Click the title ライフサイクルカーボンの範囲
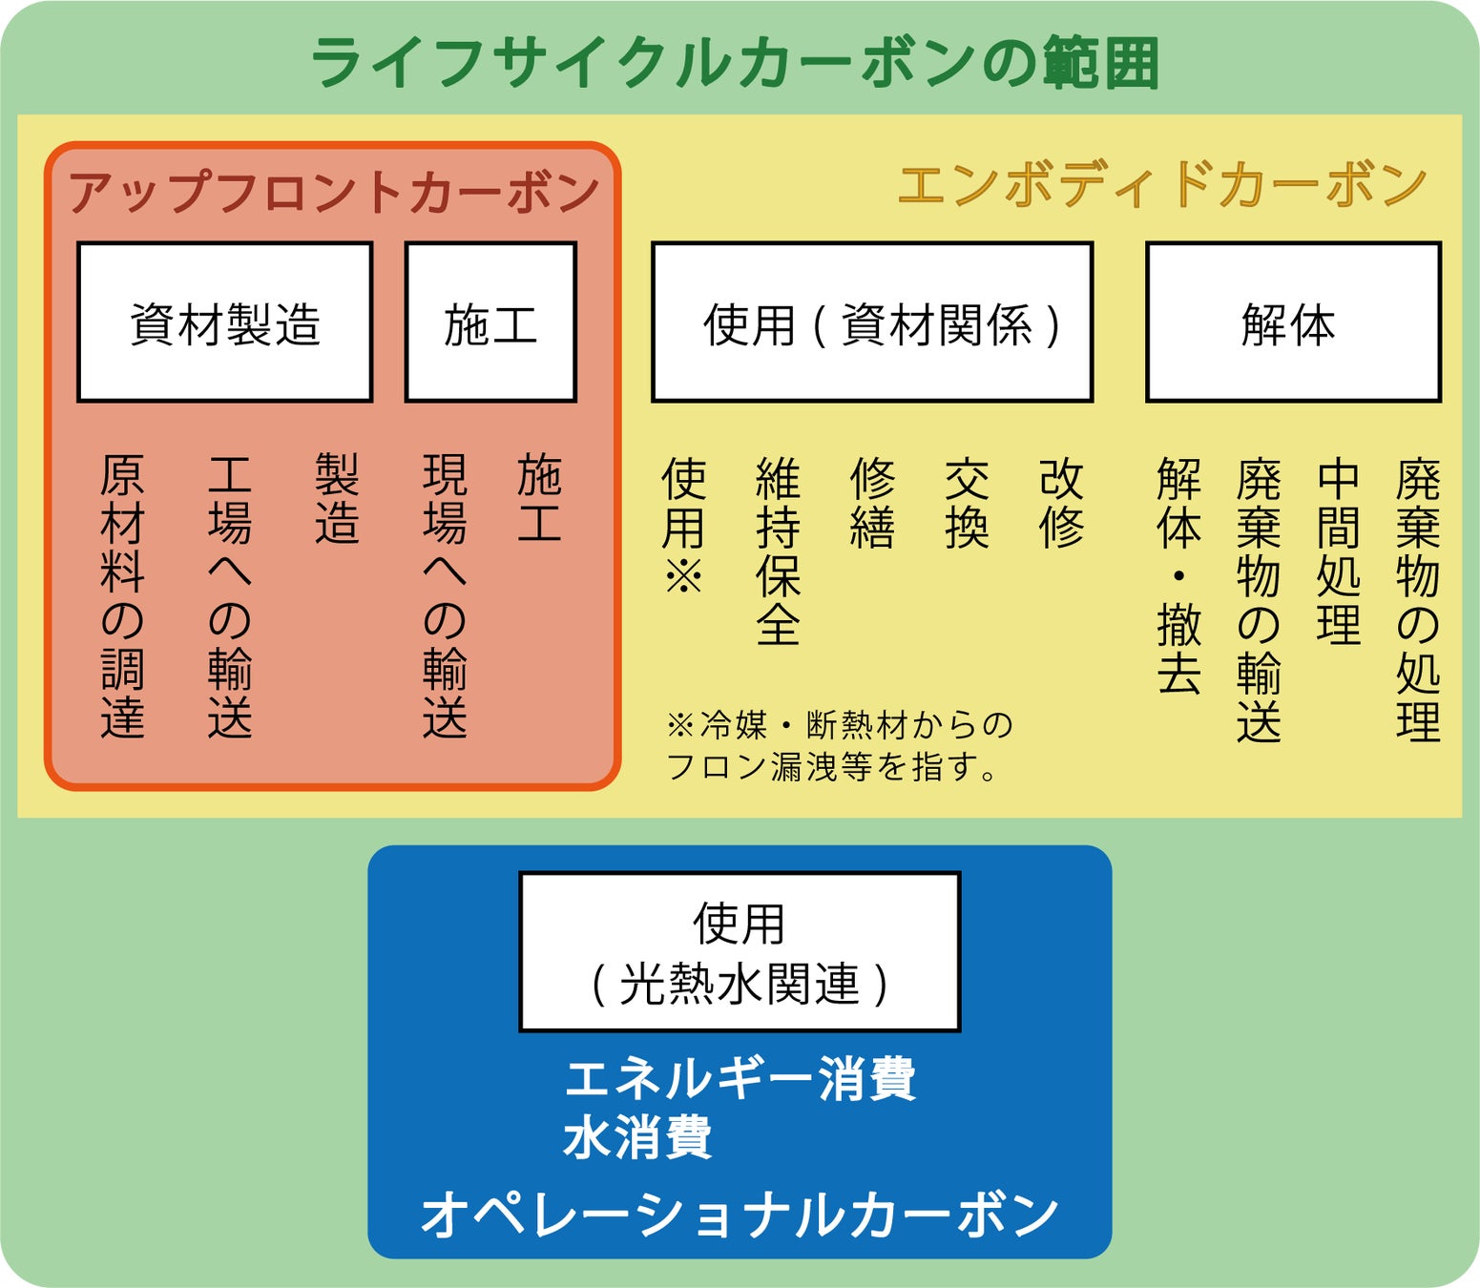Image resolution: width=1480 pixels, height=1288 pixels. (735, 63)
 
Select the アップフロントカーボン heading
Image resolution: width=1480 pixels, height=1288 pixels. (333, 192)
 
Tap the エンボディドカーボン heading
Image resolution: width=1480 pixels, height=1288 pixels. (1161, 185)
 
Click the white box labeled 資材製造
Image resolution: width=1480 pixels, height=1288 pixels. (224, 322)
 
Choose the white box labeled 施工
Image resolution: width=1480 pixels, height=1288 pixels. (490, 322)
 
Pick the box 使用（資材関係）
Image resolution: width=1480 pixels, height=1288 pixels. (871, 322)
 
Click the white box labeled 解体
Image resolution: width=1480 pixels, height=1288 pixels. (1293, 322)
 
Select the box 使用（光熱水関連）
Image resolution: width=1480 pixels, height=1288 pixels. (740, 951)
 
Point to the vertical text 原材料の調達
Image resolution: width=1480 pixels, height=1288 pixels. (122, 596)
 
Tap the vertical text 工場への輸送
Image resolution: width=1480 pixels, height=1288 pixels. (230, 596)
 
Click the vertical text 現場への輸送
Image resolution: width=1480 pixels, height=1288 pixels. (445, 596)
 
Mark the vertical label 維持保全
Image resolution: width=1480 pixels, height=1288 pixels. (778, 551)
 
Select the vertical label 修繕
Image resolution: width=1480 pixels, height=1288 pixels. (872, 503)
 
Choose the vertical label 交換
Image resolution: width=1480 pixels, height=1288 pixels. (967, 503)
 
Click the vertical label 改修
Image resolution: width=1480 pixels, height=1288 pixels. (1061, 503)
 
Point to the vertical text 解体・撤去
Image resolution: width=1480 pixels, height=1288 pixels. (1178, 575)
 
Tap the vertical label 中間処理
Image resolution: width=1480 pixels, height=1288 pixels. (1338, 551)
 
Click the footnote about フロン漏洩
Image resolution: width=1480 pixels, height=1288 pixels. (838, 745)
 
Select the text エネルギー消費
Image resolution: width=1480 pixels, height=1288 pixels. (740, 1079)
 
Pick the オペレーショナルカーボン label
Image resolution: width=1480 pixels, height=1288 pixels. (740, 1215)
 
